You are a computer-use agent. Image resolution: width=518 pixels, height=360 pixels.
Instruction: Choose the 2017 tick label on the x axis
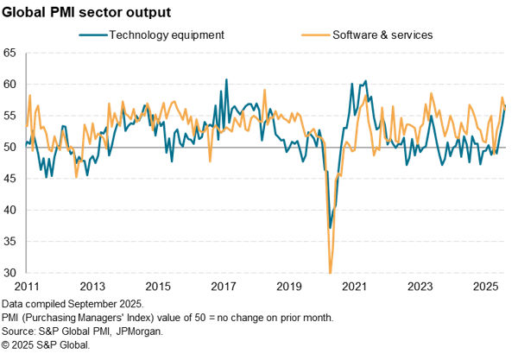(x=224, y=286)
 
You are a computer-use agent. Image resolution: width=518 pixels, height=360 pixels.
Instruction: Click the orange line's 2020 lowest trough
(x=330, y=271)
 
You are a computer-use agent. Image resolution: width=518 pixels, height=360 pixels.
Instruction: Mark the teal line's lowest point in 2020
(x=329, y=228)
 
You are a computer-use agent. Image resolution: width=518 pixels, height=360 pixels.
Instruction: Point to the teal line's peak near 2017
(x=227, y=79)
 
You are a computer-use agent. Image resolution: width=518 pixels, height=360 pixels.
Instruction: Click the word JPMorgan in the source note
(x=140, y=331)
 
